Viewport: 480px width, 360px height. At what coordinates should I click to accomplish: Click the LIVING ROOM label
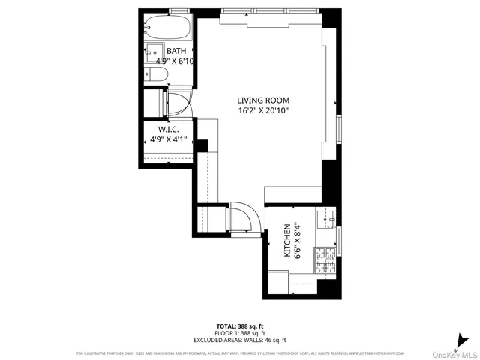263,100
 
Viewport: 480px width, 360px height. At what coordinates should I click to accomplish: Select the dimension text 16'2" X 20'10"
263,111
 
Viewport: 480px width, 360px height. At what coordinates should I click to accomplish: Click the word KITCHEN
288,240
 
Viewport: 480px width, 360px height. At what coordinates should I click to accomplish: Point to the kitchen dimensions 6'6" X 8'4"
298,240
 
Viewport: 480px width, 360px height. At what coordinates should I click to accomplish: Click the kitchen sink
327,220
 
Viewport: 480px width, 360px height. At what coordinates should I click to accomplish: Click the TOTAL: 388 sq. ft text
240,325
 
